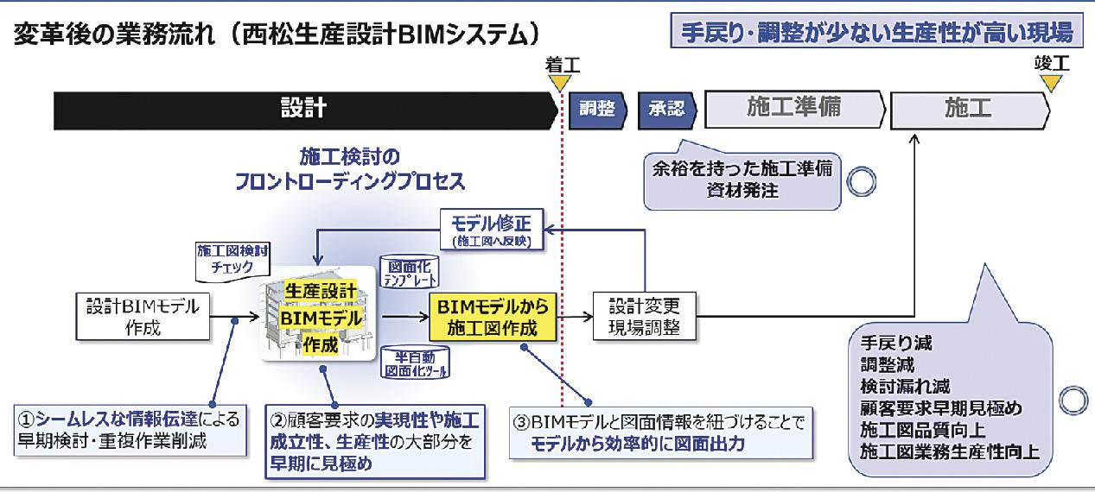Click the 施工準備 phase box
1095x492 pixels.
pyautogui.click(x=793, y=109)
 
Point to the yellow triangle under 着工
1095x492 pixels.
pyautogui.click(x=560, y=84)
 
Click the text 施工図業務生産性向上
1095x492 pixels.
pyautogui.click(x=949, y=451)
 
